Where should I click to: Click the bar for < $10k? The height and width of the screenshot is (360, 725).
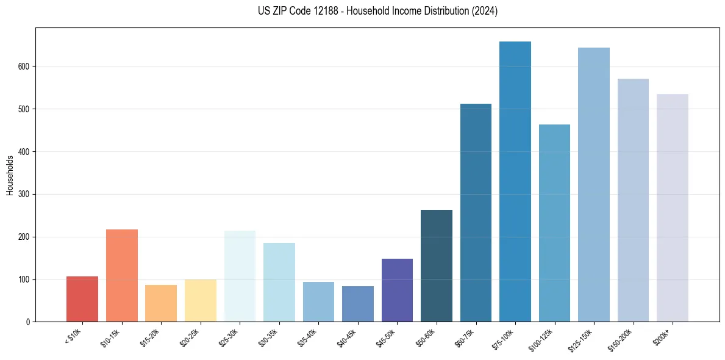coord(82,299)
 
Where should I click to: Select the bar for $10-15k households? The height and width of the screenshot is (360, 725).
coord(122,276)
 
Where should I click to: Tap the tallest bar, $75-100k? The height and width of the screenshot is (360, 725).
coord(515,182)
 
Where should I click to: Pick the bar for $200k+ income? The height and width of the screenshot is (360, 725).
coord(673,208)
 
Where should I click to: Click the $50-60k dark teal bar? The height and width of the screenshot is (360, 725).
coord(437,266)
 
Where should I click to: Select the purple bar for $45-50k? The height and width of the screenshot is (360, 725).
coord(397,290)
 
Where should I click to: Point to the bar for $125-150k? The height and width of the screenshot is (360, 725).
coord(594,185)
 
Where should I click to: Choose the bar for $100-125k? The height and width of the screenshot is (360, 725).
coord(554,223)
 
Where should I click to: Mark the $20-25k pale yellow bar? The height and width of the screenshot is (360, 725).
coord(201,301)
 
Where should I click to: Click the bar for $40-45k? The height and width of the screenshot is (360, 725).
coord(358,304)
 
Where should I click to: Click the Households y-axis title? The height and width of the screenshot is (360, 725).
coord(10,176)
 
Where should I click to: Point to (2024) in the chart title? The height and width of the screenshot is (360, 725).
coord(485,11)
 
